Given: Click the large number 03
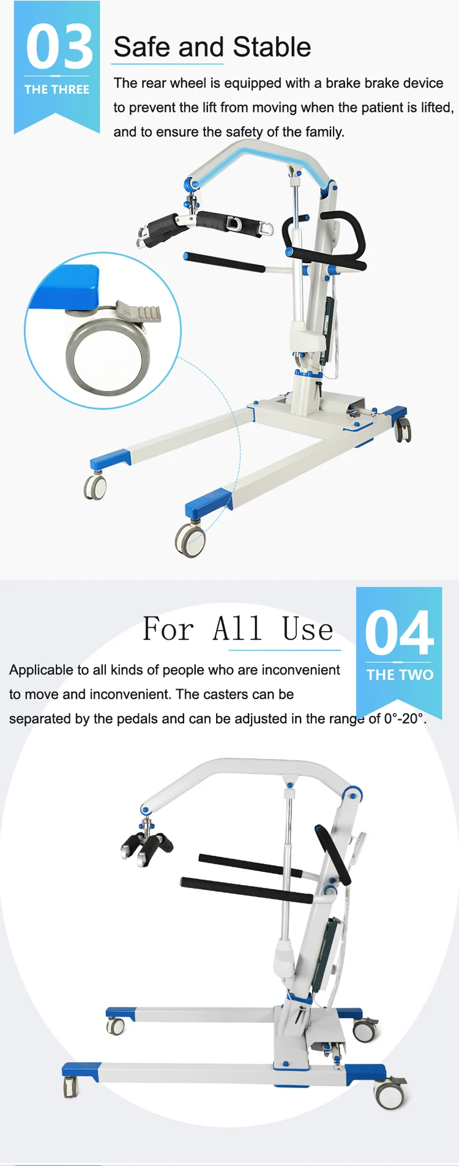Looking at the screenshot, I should click(59, 47).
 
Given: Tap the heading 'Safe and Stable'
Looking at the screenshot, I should click(212, 47).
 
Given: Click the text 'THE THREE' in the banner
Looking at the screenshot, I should click(56, 89).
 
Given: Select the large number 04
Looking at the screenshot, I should click(399, 633).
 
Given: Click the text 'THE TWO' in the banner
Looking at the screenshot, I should click(400, 675).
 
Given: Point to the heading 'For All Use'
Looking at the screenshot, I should click(238, 629).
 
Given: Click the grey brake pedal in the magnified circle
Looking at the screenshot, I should click(141, 312).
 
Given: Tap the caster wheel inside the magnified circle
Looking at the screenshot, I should click(107, 357).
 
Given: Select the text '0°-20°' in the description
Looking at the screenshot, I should click(404, 719).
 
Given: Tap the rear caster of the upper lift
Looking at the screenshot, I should click(403, 430).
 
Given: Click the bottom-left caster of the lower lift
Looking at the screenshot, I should click(70, 1086).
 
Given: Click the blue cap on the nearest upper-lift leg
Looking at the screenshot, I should click(209, 503).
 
